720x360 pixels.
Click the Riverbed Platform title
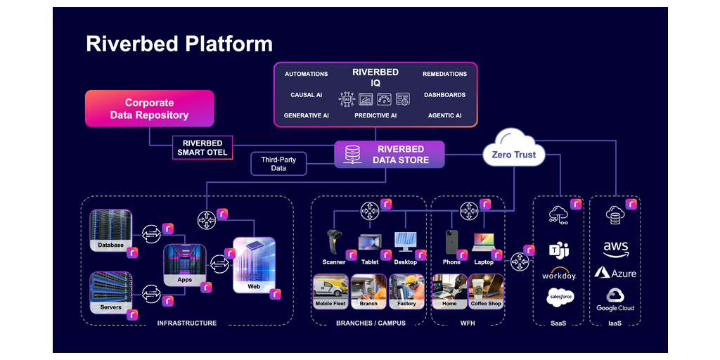tap(179, 44)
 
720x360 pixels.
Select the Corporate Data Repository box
tap(149, 108)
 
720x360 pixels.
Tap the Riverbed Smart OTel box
tap(202, 148)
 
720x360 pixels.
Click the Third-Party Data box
tap(278, 164)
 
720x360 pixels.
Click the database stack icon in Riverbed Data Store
tap(352, 154)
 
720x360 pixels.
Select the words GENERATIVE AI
tap(306, 115)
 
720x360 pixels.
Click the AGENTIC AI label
tap(444, 115)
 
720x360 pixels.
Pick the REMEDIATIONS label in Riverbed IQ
tap(444, 74)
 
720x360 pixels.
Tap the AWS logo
tap(615, 249)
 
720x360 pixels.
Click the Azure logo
tap(615, 273)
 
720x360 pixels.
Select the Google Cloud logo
tap(615, 298)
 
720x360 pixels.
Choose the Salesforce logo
tap(559, 297)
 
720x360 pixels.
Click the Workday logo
tap(559, 273)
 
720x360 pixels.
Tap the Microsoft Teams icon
tap(559, 249)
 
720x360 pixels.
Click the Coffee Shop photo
tap(486, 289)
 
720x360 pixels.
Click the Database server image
tap(110, 226)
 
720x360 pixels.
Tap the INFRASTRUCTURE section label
tap(187, 323)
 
